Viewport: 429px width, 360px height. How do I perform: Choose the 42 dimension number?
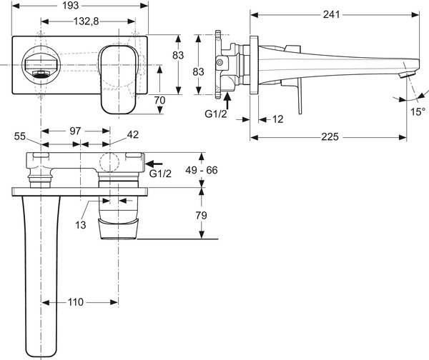pyautogui.click(x=133, y=134)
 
